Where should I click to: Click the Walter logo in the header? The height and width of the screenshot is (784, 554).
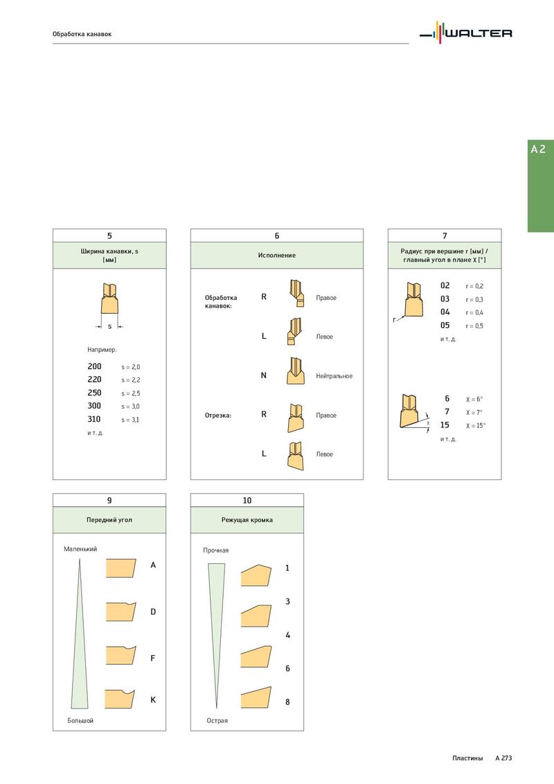pos(465,33)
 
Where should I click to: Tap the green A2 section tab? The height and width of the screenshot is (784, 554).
pos(541,186)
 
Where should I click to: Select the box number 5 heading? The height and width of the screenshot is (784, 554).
pos(109,235)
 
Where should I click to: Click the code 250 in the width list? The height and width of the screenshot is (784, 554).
pos(94,393)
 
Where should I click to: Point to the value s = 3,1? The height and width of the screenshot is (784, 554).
pos(130,420)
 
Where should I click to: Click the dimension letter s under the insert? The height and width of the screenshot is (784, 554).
pos(109,326)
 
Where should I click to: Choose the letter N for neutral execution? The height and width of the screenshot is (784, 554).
pos(264,375)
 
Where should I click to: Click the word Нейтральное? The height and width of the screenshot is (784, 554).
pos(334,376)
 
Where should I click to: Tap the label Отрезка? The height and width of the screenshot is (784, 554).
pos(218,416)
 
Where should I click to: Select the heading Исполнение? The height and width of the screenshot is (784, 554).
pos(276,255)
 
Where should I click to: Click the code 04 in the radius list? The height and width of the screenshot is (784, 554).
pos(445,312)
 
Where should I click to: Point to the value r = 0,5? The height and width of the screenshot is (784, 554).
pos(474,326)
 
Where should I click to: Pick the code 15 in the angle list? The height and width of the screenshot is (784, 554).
pos(445,425)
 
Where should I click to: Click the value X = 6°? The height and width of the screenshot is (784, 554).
pos(474,400)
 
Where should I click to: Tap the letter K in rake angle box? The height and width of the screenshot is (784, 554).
pos(153,700)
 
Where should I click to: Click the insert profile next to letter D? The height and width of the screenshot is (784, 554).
pos(121,612)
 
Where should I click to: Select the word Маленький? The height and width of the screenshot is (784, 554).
pos(80,549)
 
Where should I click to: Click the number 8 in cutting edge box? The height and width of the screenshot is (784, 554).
pos(287,702)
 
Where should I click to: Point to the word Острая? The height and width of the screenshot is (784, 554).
pos(217,720)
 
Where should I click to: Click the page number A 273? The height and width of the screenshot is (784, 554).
pos(503,758)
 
